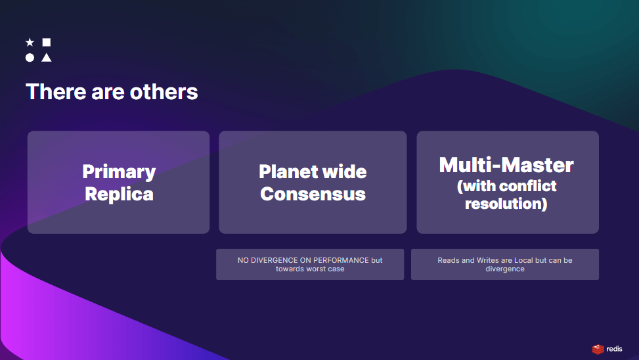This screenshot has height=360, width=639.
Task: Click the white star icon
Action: tap(30, 42)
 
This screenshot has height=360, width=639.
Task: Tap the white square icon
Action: tap(47, 42)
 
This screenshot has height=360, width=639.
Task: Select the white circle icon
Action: tap(30, 58)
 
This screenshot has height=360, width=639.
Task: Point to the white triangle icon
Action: tap(47, 58)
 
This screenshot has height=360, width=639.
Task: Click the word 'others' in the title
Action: tap(164, 92)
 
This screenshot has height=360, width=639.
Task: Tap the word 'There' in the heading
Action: tap(56, 92)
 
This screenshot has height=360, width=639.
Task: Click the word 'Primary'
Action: tap(119, 172)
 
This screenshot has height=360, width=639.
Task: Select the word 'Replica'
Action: tap(119, 194)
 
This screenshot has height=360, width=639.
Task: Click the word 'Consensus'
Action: tap(313, 194)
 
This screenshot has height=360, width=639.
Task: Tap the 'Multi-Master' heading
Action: tap(506, 165)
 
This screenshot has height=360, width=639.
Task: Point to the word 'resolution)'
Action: tap(506, 204)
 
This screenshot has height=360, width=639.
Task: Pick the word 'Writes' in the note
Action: tap(488, 260)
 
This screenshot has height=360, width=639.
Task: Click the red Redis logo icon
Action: tap(598, 349)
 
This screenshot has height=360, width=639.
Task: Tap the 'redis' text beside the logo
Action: tap(614, 349)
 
